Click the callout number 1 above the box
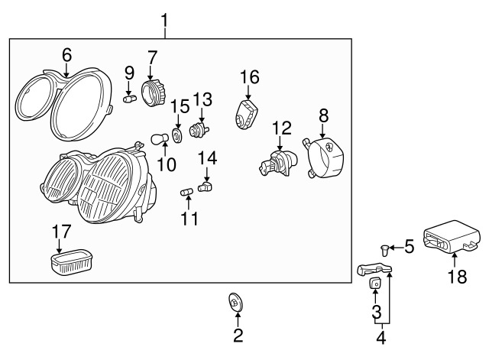[164, 21]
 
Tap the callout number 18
[457, 276]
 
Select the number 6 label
[66, 55]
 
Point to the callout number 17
[61, 232]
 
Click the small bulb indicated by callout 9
[130, 99]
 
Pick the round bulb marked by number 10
[160, 139]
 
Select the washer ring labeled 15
[177, 136]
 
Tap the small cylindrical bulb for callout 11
[186, 192]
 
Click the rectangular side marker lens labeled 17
[72, 262]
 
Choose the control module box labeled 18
[451, 236]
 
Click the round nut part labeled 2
[236, 302]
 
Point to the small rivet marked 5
[384, 250]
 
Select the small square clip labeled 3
[375, 283]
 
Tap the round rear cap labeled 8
[323, 157]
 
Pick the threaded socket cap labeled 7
[154, 92]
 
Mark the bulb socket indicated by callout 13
[199, 129]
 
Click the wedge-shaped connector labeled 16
[246, 114]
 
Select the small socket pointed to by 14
[205, 186]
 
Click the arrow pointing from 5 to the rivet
[396, 248]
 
